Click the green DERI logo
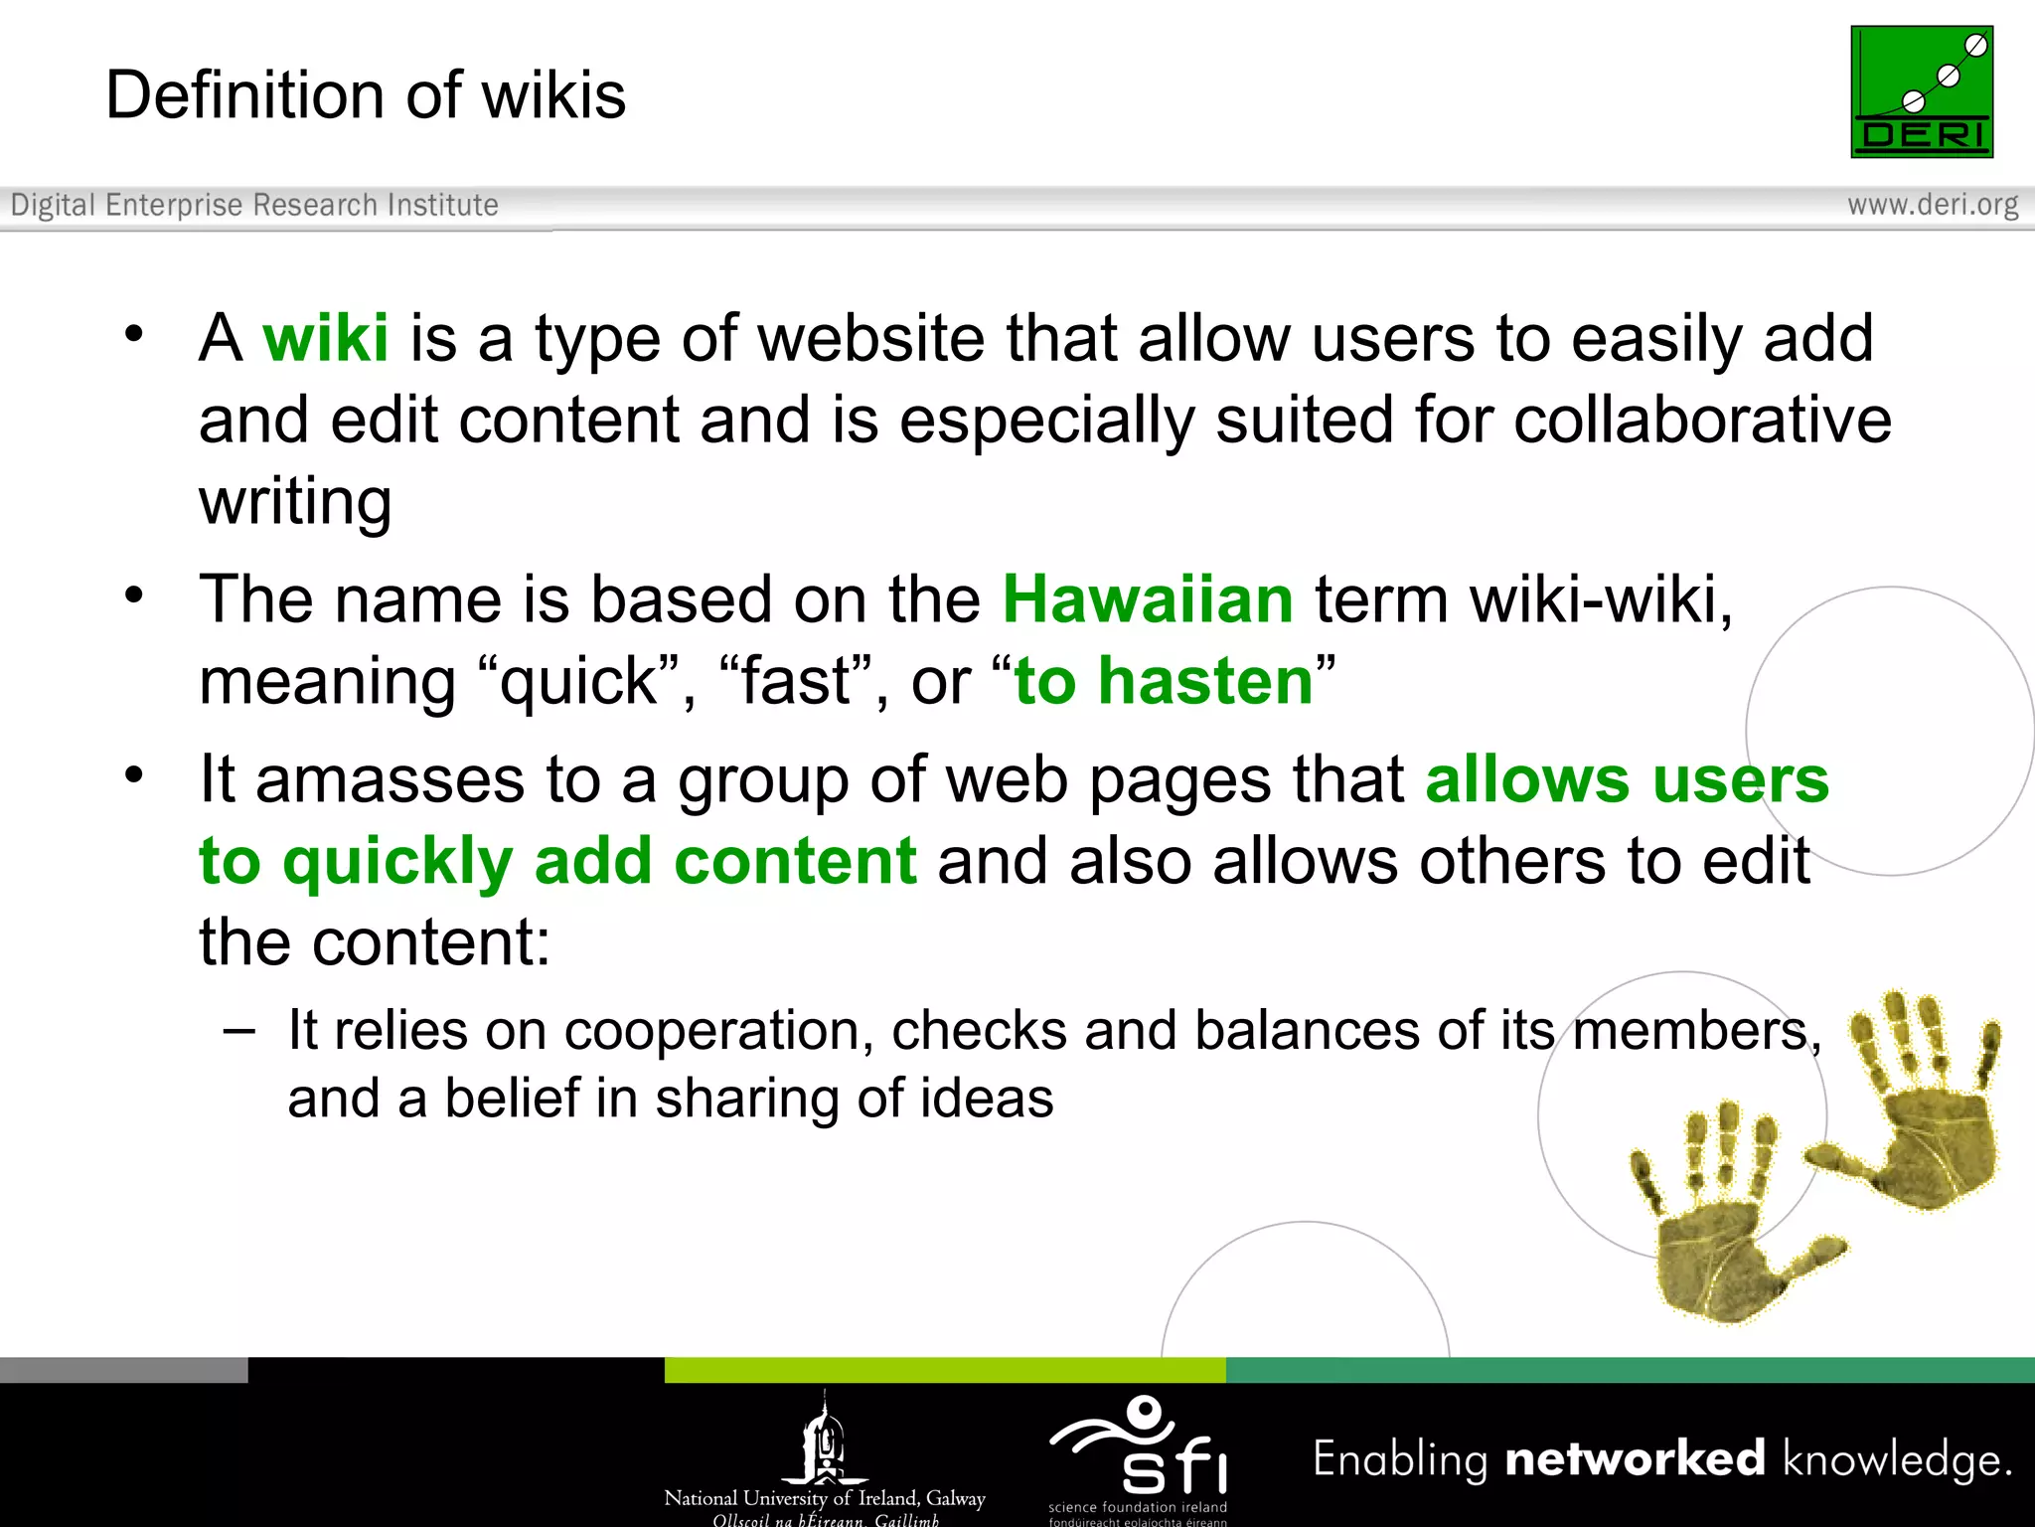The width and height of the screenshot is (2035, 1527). [x=1922, y=91]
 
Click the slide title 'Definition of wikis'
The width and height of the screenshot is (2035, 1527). [x=366, y=95]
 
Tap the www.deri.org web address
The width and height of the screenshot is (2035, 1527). [x=1933, y=205]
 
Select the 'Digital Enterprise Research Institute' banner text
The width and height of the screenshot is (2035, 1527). [x=254, y=205]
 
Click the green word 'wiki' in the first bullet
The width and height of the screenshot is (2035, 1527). [x=325, y=338]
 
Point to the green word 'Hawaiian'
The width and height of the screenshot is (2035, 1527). [x=1148, y=599]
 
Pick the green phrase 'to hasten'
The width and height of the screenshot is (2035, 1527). [x=1164, y=682]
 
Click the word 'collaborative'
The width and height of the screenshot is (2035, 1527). [x=1702, y=420]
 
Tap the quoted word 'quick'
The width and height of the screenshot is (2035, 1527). [x=577, y=682]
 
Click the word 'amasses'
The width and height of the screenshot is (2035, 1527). [x=390, y=779]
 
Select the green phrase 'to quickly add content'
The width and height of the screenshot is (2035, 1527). [x=557, y=861]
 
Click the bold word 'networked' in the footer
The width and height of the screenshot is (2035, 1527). [x=1635, y=1459]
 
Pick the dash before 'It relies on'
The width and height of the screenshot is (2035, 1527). [x=239, y=1031]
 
